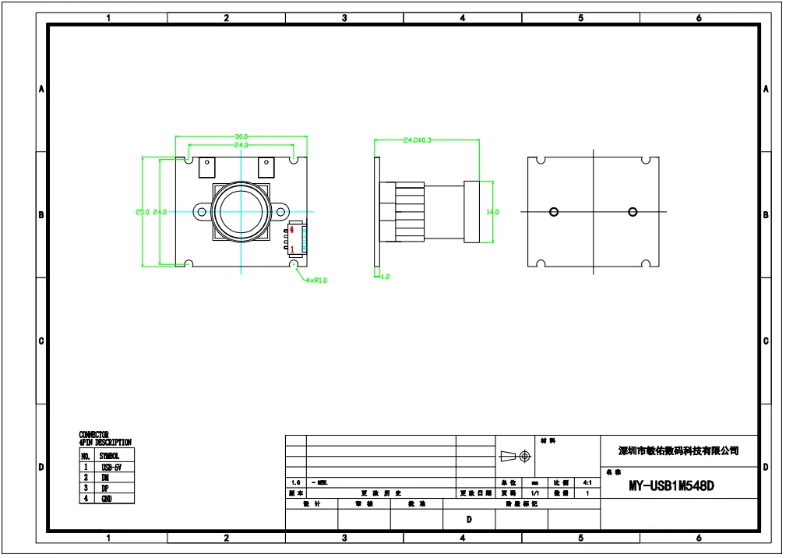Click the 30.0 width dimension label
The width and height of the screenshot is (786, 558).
[241, 137]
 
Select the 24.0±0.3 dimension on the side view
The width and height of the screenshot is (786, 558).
[417, 140]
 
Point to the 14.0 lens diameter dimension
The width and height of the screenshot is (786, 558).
[492, 212]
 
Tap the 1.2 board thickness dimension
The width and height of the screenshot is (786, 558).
[385, 277]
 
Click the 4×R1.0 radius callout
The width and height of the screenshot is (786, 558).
[316, 280]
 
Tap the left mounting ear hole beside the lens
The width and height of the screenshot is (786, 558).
[202, 212]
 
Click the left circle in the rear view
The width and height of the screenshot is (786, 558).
[554, 212]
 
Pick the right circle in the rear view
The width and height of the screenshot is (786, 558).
[632, 212]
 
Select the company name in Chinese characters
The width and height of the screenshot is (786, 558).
[678, 450]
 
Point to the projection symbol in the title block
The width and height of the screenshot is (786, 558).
[514, 456]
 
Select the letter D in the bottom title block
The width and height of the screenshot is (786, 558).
[468, 519]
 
